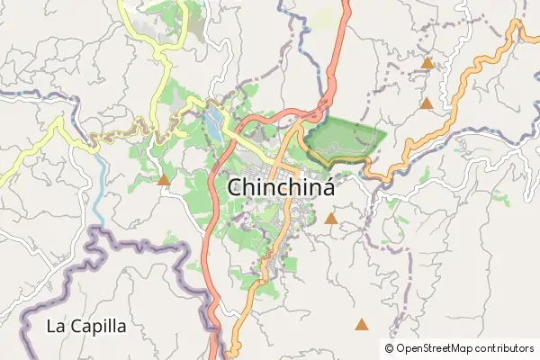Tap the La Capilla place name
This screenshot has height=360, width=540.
86,326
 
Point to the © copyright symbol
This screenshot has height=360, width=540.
389,347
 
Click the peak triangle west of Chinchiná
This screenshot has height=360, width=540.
164,181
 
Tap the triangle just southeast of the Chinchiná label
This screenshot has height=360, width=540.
331,219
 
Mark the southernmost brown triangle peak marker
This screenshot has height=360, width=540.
362,324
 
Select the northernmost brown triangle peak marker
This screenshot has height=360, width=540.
427,64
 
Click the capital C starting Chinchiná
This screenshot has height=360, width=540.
236,187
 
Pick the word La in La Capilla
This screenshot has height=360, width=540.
56,326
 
